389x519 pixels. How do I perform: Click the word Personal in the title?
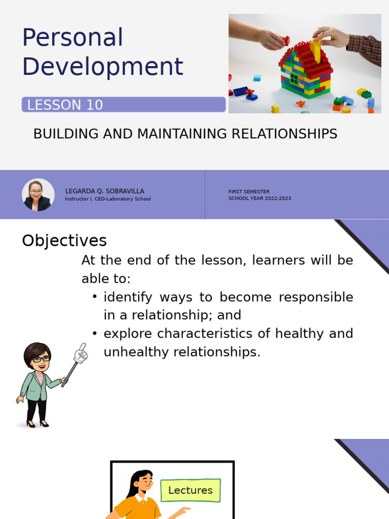pyautogui.click(x=72, y=39)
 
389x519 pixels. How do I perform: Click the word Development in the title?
pyautogui.click(x=102, y=67)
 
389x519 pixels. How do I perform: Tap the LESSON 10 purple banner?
pyautogui.click(x=124, y=105)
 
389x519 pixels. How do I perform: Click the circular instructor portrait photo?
pyautogui.click(x=38, y=195)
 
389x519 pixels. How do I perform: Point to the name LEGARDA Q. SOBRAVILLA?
pyautogui.click(x=104, y=191)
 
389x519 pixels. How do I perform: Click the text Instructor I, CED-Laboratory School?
pyautogui.click(x=107, y=199)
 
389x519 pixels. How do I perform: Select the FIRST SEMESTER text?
pyautogui.click(x=249, y=192)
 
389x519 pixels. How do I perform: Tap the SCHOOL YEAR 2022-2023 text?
pyautogui.click(x=259, y=199)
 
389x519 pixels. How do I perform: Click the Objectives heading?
pyautogui.click(x=64, y=240)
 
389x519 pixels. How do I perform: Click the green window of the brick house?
pyautogui.click(x=294, y=79)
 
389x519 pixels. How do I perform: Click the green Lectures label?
pyautogui.click(x=190, y=490)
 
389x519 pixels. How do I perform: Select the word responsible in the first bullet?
pyautogui.click(x=314, y=297)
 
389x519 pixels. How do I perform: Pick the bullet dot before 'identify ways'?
pyautogui.click(x=95, y=297)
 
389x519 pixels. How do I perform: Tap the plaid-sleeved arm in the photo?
pyautogui.click(x=365, y=49)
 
